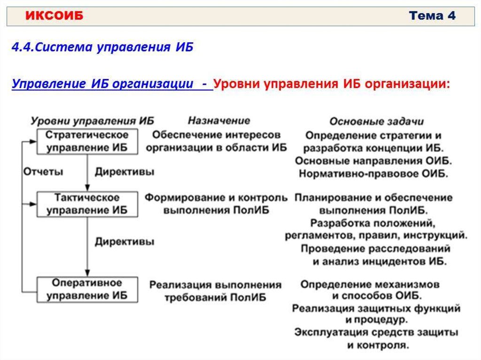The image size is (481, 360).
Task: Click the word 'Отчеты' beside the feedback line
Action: coord(43,172)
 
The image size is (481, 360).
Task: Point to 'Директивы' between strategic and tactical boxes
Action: coord(124,172)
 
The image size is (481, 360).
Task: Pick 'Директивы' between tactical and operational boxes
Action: coord(124,242)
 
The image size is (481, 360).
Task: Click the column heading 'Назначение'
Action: coord(219,121)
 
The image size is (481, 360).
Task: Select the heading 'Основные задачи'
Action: coord(376,122)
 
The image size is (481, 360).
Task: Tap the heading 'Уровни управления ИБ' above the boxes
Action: coord(93,121)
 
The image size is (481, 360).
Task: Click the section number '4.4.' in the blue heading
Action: coord(23,47)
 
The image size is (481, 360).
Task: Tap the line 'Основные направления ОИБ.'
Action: coord(373,161)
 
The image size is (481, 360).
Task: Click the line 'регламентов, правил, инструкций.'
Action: coord(376,235)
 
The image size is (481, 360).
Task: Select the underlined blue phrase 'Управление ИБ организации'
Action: coord(103,84)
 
